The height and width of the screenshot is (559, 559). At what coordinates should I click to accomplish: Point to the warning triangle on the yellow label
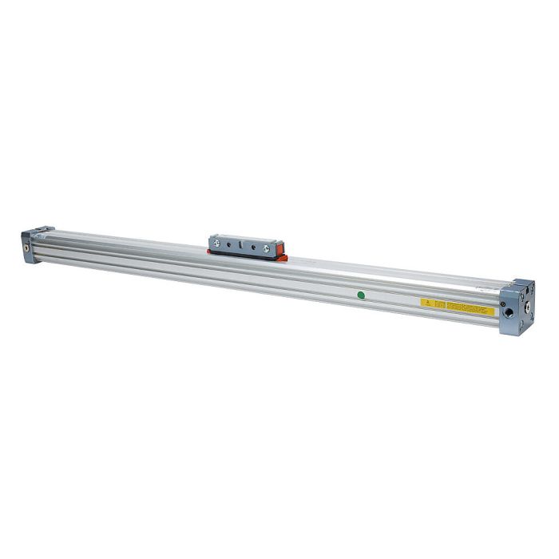coord(427,303)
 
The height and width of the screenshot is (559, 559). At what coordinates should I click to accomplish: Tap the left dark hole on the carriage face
coord(228,246)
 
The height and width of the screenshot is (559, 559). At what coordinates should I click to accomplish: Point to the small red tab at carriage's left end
coord(209,251)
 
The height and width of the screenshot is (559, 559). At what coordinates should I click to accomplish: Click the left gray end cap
coord(34,244)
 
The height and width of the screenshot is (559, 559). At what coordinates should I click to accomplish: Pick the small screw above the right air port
coord(502,303)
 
